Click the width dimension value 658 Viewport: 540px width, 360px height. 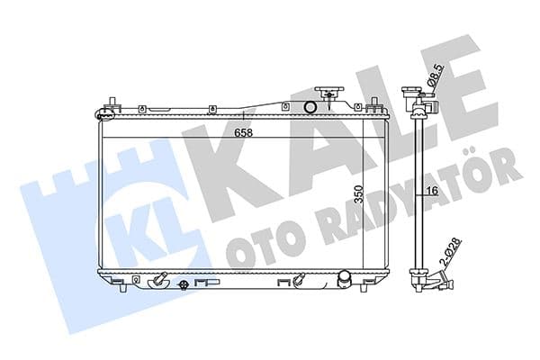pyautogui.click(x=244, y=133)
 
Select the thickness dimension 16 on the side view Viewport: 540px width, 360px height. pyautogui.click(x=433, y=192)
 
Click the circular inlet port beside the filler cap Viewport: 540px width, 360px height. pyautogui.click(x=310, y=109)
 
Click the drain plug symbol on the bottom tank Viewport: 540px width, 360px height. pyautogui.click(x=184, y=286)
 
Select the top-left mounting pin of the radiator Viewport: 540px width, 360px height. pyautogui.click(x=108, y=106)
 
